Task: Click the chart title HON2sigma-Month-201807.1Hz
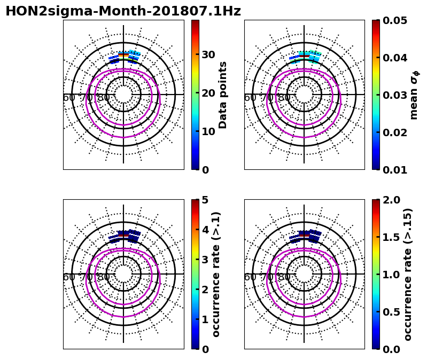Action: [123, 11]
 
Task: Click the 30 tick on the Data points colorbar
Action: [208, 54]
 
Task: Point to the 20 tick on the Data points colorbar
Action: [208, 93]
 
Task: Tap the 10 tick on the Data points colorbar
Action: [208, 131]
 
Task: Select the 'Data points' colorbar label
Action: [223, 95]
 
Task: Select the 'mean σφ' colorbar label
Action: [414, 95]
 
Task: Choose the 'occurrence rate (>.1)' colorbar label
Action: [216, 274]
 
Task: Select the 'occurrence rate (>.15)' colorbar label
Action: [408, 274]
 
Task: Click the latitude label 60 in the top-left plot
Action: [69, 97]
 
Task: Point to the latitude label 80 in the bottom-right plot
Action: [284, 277]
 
